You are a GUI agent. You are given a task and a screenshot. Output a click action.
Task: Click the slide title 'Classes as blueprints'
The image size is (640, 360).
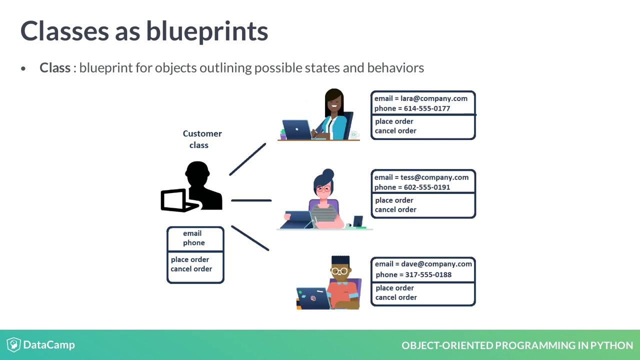click(144, 31)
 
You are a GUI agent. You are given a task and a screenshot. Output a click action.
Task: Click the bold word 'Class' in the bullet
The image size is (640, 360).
click(54, 68)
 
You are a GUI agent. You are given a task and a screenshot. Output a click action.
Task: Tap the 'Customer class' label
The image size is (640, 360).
click(202, 139)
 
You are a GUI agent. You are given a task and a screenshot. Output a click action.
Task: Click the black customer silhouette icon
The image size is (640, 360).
click(192, 187)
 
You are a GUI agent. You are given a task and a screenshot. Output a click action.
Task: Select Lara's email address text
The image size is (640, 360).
click(433, 98)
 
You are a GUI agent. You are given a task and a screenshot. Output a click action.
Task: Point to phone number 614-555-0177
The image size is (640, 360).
click(427, 108)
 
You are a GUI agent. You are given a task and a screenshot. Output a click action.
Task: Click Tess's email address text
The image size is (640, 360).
click(434, 177)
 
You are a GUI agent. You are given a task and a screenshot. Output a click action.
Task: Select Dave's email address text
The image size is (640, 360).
click(436, 264)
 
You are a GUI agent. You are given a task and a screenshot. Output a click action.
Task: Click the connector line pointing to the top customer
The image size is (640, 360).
click(247, 159)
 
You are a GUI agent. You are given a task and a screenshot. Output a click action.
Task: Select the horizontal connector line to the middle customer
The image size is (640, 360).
click(251, 200)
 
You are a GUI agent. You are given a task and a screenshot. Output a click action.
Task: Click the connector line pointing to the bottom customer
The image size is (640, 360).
click(250, 238)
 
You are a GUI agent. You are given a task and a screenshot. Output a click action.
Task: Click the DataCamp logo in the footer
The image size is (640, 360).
click(41, 345)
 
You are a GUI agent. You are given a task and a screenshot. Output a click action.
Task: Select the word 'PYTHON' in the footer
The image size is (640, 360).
click(611, 345)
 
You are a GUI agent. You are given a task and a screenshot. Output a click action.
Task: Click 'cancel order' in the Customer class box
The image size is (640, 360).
click(191, 269)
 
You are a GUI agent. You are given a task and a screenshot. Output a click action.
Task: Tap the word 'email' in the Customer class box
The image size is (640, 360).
click(192, 233)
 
